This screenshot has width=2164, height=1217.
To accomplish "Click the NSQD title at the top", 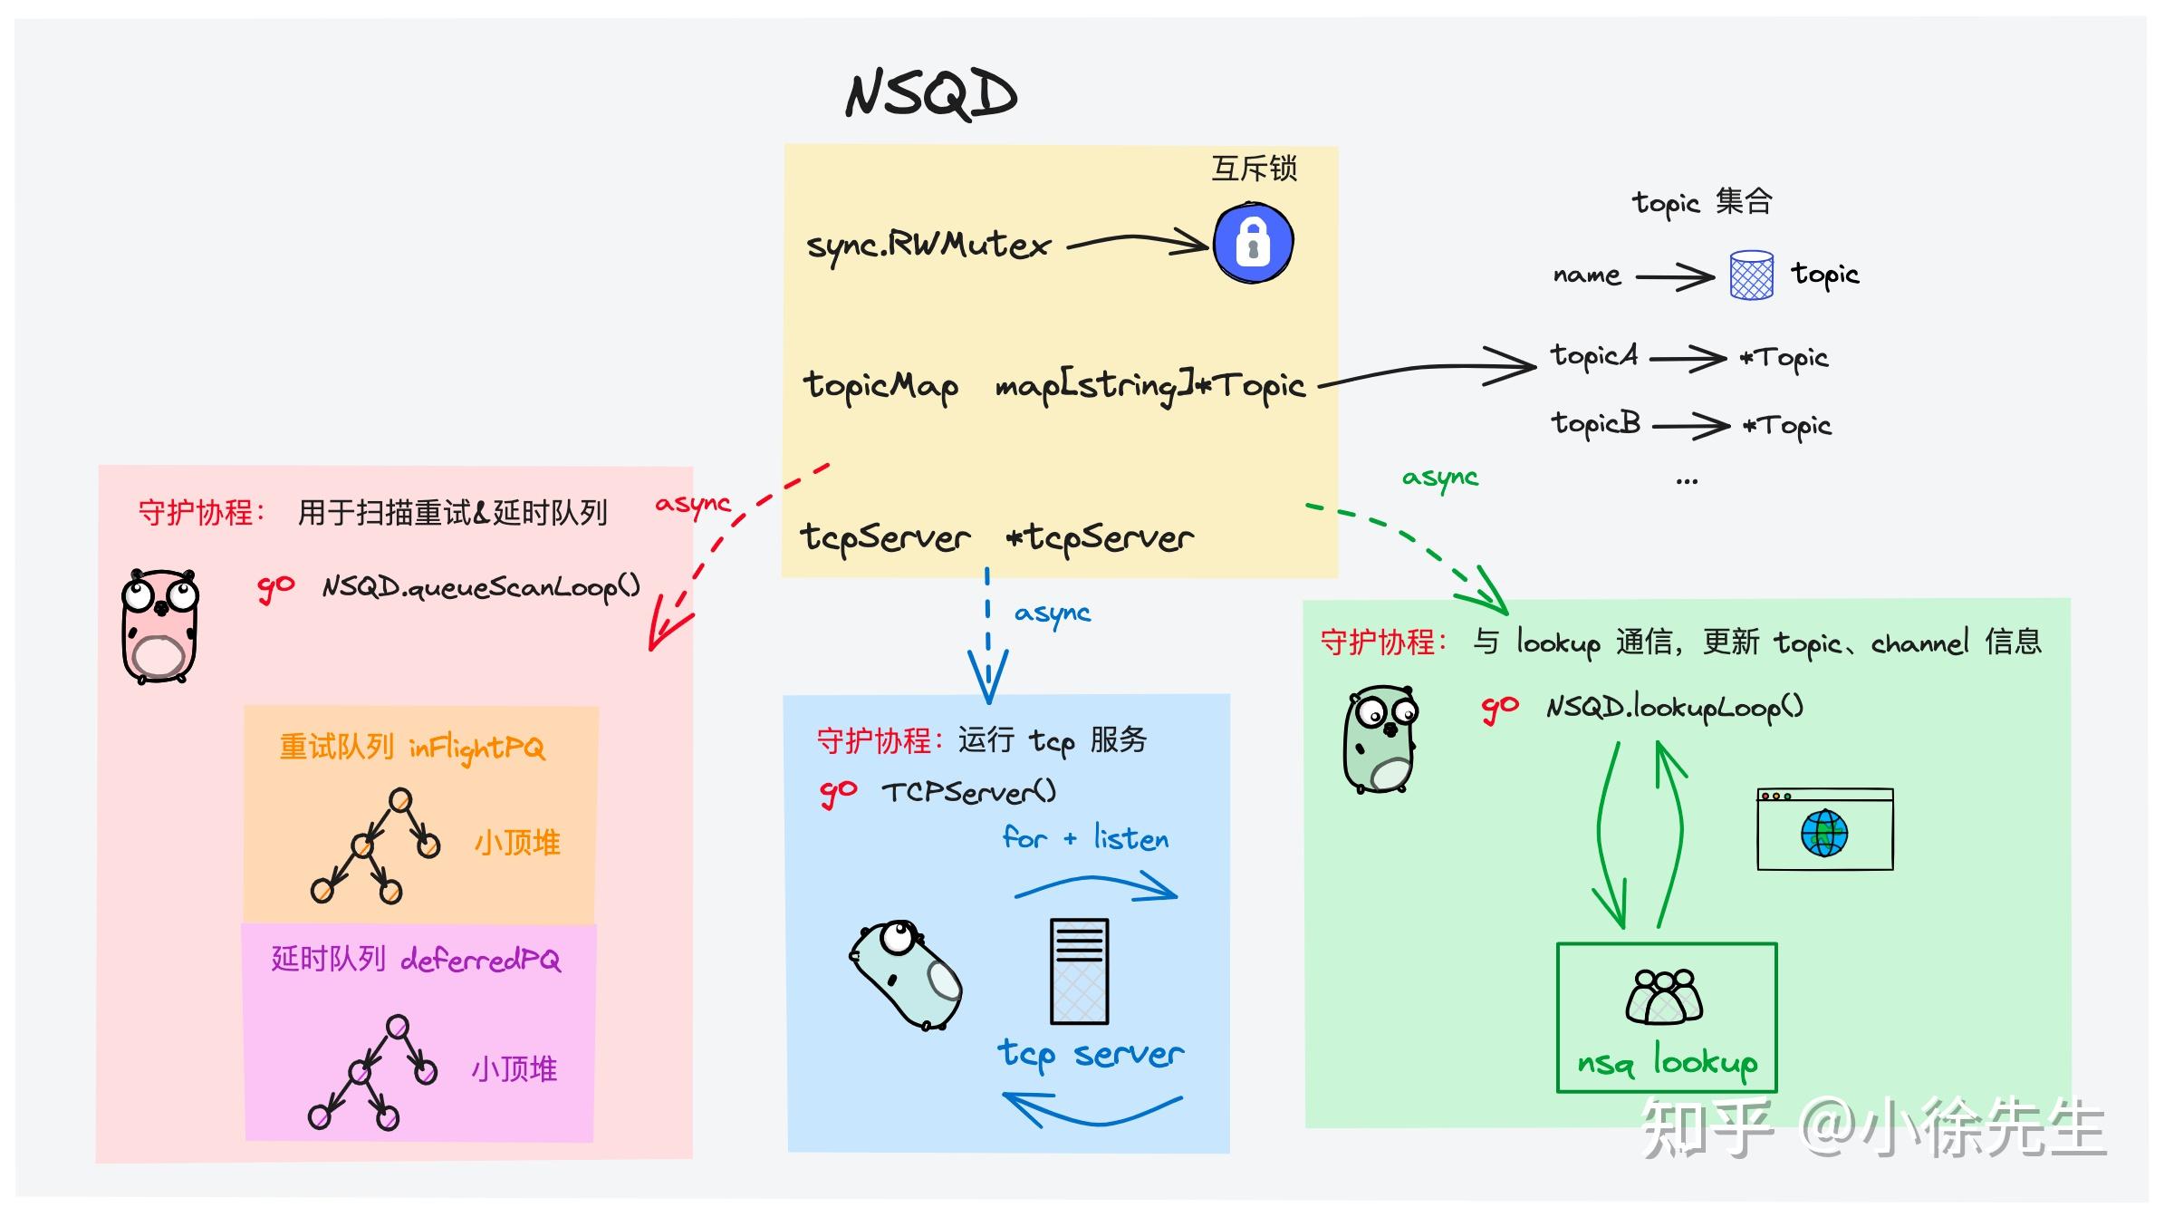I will click(930, 93).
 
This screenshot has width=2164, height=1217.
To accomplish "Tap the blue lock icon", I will click(1253, 242).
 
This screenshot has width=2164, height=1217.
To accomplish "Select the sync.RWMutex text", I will click(928, 245).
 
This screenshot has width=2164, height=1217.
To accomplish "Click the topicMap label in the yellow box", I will click(880, 386).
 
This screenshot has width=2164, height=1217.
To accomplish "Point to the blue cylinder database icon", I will click(1751, 275).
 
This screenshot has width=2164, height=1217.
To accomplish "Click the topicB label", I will click(1595, 424).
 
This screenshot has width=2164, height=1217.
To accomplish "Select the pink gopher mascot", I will click(160, 625).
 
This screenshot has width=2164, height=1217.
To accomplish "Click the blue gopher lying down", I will click(907, 975).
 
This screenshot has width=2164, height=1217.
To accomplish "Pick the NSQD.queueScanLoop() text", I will click(481, 587).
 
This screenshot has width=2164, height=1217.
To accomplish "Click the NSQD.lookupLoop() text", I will click(1674, 707).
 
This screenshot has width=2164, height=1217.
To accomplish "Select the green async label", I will click(1439, 478).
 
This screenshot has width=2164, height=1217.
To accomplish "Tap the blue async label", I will click(1052, 613).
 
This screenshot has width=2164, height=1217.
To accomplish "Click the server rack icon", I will click(1079, 971).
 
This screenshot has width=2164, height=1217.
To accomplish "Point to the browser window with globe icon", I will click(1824, 829).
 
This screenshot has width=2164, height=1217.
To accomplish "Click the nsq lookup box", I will click(1666, 1018).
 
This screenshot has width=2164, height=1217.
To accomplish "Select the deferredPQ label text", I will click(480, 960).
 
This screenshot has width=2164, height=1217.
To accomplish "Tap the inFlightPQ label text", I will click(476, 748).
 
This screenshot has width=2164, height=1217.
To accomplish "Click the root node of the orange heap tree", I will click(399, 800).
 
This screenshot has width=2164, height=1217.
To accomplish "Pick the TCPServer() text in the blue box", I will click(968, 792).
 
